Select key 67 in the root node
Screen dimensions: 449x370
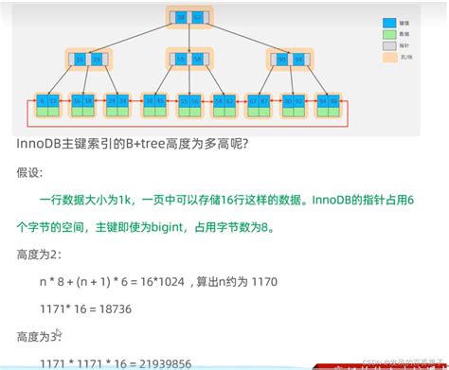click(x=196, y=17)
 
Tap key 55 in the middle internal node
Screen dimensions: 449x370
click(x=180, y=60)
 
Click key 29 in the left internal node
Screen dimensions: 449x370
click(x=96, y=60)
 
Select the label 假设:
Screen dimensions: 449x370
click(x=30, y=173)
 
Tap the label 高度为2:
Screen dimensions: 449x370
click(x=41, y=255)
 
